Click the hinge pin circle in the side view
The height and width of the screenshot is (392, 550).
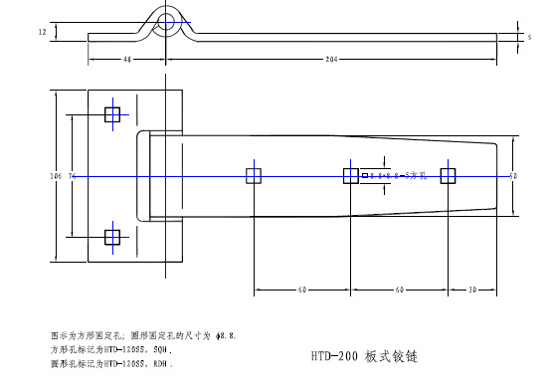(167, 21)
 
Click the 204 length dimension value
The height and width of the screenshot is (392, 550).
(331, 60)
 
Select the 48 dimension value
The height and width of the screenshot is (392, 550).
(128, 60)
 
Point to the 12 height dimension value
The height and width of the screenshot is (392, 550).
(42, 33)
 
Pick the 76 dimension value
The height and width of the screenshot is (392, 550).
(73, 175)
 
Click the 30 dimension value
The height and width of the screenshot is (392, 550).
(473, 291)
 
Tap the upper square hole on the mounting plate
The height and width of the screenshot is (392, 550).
(111, 113)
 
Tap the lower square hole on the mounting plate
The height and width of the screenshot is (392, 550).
(111, 237)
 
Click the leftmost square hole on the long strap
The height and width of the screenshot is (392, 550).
(253, 176)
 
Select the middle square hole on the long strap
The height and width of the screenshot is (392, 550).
(351, 176)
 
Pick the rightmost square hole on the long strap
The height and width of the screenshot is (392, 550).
(449, 176)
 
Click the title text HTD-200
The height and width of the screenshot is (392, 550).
(334, 355)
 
